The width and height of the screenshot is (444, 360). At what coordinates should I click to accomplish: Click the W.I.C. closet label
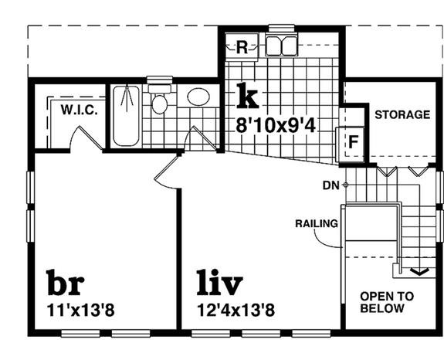click(79, 110)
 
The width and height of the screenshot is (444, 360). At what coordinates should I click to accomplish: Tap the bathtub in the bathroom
click(126, 115)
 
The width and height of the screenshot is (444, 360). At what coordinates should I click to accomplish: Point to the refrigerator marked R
click(242, 46)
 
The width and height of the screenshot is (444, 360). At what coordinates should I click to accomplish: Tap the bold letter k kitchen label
click(247, 96)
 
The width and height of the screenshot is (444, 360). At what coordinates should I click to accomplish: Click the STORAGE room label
click(402, 114)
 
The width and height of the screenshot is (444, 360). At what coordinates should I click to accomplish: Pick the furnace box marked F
click(354, 142)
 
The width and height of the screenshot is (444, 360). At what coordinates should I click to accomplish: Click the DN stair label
click(330, 185)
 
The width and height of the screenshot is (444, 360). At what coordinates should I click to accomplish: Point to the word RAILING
click(317, 224)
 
